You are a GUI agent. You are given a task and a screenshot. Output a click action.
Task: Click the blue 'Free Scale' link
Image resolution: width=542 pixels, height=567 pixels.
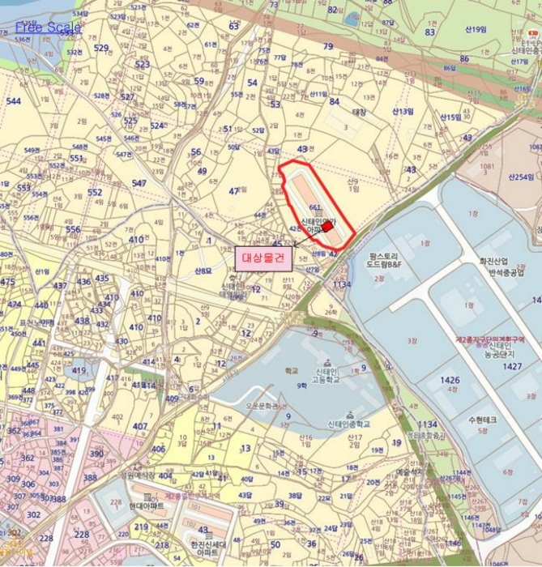point(48,28)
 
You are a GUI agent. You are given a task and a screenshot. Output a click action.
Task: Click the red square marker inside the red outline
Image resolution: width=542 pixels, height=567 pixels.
point(328,228)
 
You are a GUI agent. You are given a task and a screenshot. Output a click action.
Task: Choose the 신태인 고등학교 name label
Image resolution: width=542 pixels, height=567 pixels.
point(326,376)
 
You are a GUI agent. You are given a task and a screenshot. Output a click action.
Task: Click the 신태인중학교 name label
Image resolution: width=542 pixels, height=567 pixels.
point(348,424)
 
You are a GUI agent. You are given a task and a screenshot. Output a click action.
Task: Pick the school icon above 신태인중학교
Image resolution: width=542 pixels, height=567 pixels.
point(349,414)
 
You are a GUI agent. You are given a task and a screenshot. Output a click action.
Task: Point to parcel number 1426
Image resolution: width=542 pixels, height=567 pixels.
point(449,379)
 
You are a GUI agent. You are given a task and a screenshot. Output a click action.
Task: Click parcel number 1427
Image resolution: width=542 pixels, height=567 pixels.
point(511,366)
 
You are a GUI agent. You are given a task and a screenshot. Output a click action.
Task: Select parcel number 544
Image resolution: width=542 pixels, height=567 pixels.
point(13,101)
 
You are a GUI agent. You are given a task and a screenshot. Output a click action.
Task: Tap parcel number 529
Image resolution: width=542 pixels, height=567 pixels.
point(100,48)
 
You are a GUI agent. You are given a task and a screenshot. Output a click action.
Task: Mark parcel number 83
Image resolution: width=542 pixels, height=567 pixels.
point(429,32)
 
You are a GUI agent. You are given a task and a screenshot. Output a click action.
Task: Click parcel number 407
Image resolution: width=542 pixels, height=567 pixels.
point(140,426)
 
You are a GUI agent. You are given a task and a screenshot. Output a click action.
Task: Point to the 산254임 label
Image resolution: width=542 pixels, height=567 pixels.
point(522,176)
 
